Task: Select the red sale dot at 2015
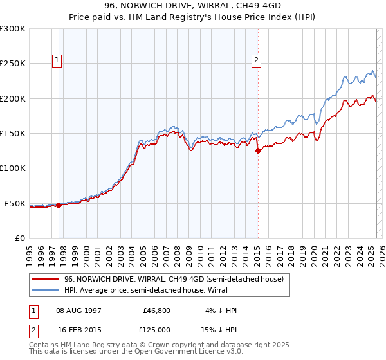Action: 258,151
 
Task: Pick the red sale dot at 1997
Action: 59,205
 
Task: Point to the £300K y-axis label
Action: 13,29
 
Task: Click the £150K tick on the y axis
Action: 13,134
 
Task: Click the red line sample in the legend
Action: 46,279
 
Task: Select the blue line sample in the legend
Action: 46,290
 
